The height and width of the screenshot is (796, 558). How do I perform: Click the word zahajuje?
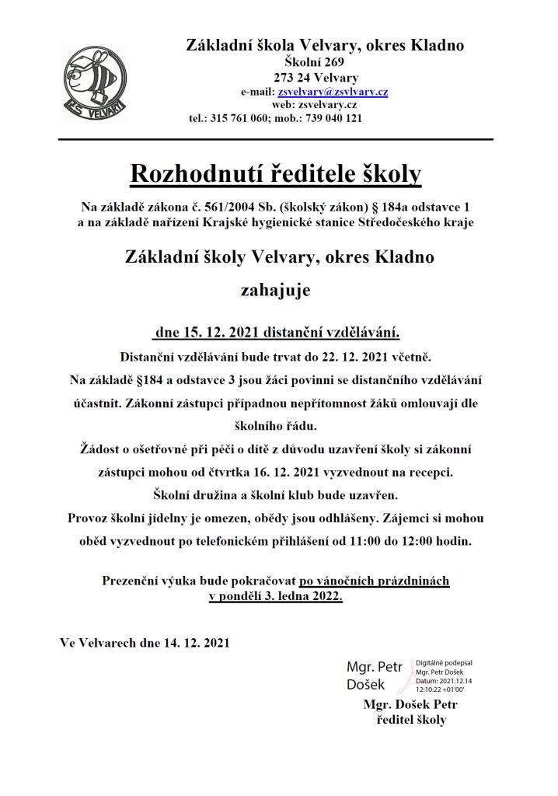(x=277, y=291)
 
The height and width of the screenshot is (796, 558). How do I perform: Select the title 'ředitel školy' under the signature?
(x=410, y=719)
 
